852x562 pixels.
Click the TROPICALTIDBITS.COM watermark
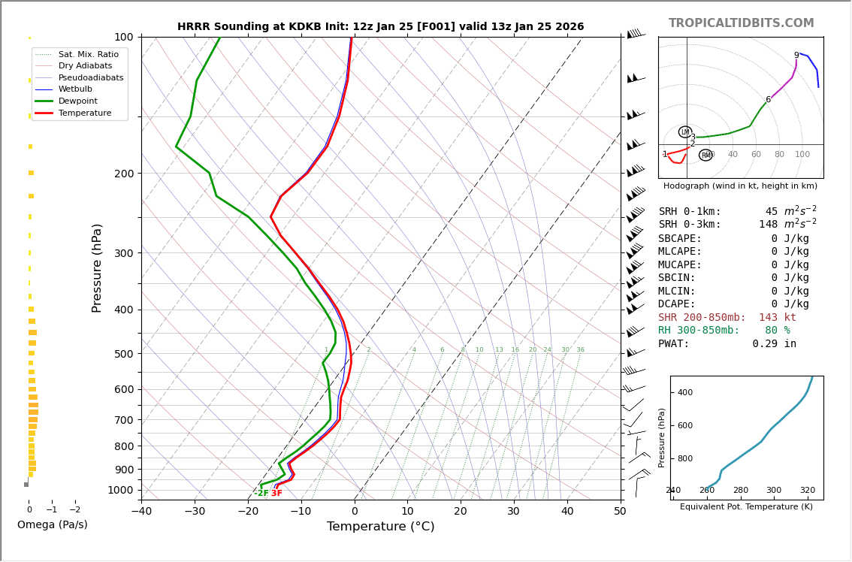tap(741, 23)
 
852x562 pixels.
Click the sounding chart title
tap(380, 26)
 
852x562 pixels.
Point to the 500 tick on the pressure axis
tap(124, 354)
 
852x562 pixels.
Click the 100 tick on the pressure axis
tap(124, 37)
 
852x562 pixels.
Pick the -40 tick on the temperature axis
tap(141, 512)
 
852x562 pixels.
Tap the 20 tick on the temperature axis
tap(461, 512)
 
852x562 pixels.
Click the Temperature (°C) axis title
tap(380, 527)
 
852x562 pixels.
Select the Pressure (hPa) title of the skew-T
tap(98, 267)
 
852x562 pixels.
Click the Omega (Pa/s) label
tap(52, 524)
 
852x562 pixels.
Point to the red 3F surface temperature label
tap(276, 494)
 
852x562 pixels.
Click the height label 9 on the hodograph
tap(796, 56)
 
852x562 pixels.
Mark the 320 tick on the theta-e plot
tap(807, 491)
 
